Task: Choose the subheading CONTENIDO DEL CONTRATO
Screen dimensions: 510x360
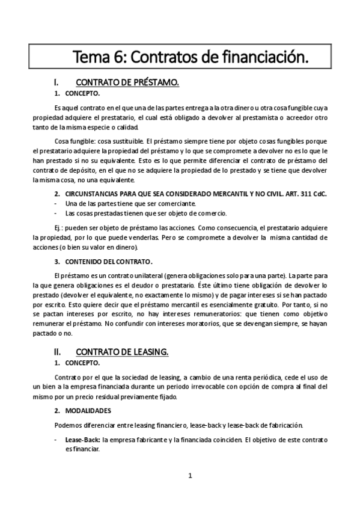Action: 108,261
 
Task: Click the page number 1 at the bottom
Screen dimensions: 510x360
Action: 190,476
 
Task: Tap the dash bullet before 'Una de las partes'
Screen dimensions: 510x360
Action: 56,204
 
